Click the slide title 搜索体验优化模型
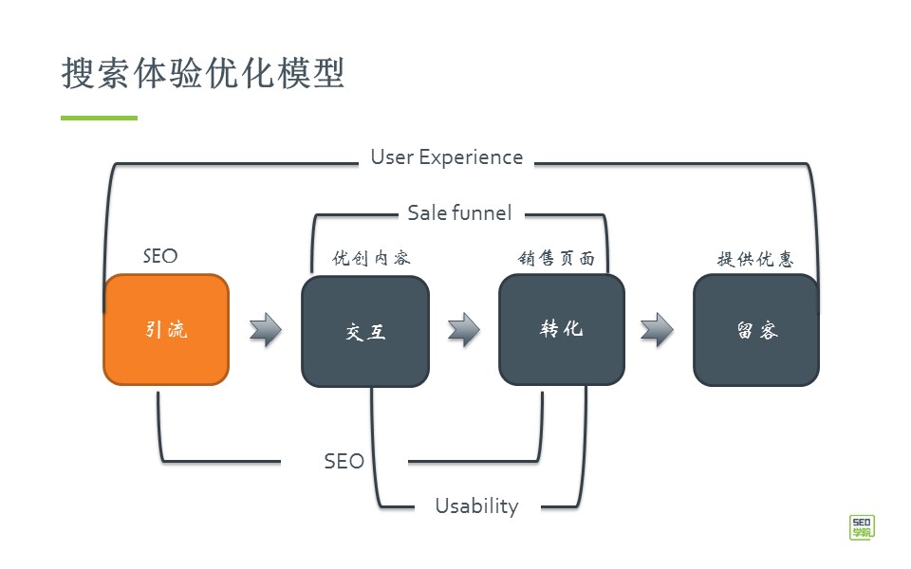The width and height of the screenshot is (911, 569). coord(202,73)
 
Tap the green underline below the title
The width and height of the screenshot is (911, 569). coord(99,118)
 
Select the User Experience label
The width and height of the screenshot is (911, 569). coord(446,157)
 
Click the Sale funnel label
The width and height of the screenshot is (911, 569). coord(459,212)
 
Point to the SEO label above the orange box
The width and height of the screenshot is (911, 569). coord(159,256)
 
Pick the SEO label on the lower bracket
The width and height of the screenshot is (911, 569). coord(344,462)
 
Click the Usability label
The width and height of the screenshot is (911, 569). coord(476,505)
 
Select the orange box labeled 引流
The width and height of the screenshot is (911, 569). coord(166,329)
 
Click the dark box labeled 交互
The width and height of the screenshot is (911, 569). coord(365,331)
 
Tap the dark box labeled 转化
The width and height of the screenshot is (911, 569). coord(562,329)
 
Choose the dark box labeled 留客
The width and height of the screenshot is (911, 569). coord(756,330)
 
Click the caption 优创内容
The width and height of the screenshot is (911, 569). coord(371,258)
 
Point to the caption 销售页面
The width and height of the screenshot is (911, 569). coord(556,258)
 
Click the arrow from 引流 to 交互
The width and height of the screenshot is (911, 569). coord(266,329)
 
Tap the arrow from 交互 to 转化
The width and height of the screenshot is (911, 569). coord(464,329)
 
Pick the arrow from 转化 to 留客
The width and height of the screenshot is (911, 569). coord(657,329)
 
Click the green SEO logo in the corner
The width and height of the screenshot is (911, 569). coord(862,526)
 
